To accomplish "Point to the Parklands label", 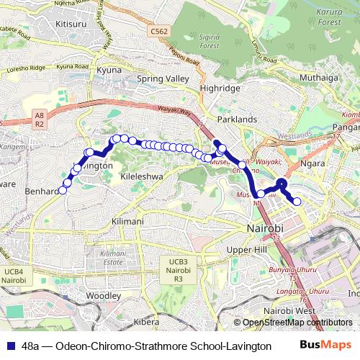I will point(238,118).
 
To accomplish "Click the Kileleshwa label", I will point(142,176).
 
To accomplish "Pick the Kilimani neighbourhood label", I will point(128,221).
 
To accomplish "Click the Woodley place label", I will point(104,296).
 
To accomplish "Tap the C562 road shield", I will point(160,31).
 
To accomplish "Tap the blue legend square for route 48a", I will point(10,346).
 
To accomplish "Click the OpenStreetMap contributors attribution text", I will point(297,323).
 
